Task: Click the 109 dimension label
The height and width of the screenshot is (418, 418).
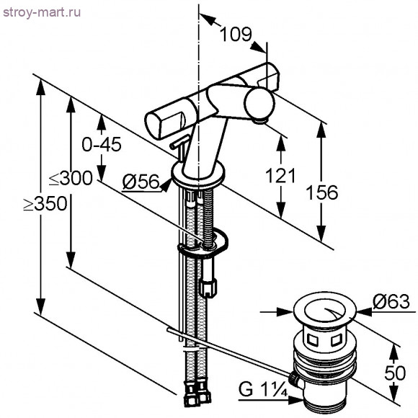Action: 236,34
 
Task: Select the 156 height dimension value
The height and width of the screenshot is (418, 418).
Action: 321,192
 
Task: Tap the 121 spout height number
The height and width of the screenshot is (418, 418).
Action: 280,175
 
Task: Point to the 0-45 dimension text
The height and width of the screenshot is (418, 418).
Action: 102,144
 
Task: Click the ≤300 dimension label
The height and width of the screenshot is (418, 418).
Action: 71,178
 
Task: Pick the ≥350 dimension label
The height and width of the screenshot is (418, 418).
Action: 45,204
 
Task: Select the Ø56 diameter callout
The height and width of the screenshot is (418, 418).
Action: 141,182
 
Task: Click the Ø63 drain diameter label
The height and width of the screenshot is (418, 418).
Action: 391,301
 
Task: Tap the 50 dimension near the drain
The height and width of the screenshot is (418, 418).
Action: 395,373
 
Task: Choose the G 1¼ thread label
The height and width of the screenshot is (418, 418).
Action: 262,389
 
